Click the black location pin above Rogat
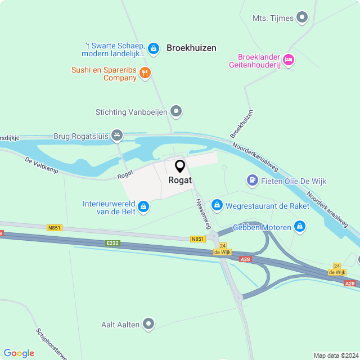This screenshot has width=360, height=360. point(180,166)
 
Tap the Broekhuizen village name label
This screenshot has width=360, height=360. point(191,48)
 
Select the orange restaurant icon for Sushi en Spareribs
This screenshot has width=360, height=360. point(145,72)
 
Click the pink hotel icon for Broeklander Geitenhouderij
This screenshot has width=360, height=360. point(289,59)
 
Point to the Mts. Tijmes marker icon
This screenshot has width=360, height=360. point(303,17)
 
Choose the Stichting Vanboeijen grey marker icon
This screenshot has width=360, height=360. point(177,111)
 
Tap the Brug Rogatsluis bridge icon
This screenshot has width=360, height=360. point(117,135)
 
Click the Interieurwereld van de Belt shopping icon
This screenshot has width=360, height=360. point(143,207)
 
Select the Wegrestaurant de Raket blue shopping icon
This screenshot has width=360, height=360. point(217,206)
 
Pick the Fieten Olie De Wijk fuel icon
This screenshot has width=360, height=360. point(253,181)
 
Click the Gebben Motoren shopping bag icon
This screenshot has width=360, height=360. point(300,227)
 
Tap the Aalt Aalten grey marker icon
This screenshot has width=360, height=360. point(148,323)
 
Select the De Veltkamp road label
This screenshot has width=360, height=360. point(42,165)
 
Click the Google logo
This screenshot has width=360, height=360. point(19,353)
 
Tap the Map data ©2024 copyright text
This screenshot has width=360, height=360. point(335,355)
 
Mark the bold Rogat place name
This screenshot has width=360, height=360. point(180,180)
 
